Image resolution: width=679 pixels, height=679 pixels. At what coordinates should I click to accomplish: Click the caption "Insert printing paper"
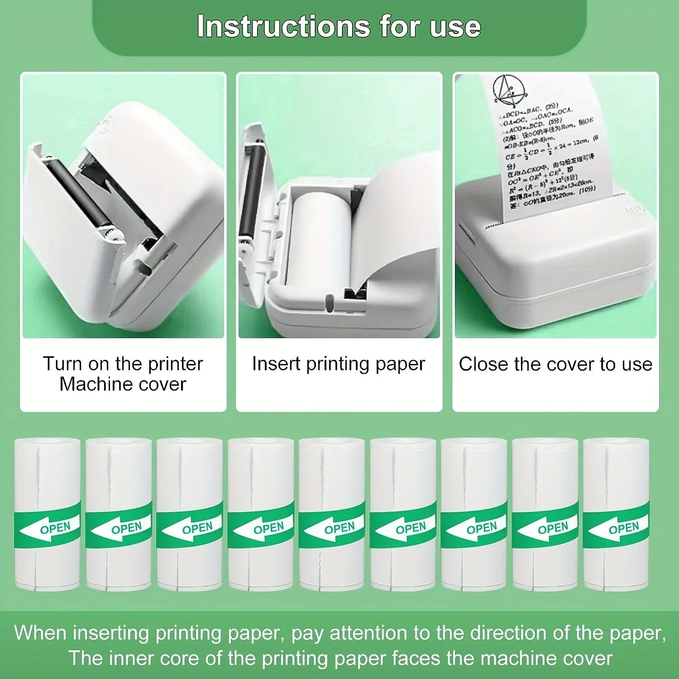[339, 364]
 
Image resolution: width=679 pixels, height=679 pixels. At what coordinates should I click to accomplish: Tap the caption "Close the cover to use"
[555, 364]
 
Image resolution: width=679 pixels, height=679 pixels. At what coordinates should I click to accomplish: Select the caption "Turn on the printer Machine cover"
[123, 374]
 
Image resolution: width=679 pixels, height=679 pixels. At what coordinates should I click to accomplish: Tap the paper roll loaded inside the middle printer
[319, 240]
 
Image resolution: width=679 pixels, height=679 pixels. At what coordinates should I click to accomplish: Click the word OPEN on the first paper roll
[55, 528]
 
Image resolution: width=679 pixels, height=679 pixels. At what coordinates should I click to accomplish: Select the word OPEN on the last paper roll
[624, 528]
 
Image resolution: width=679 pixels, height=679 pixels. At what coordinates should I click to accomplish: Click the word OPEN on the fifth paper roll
[339, 528]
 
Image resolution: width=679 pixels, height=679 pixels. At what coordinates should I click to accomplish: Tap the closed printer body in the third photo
[557, 263]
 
